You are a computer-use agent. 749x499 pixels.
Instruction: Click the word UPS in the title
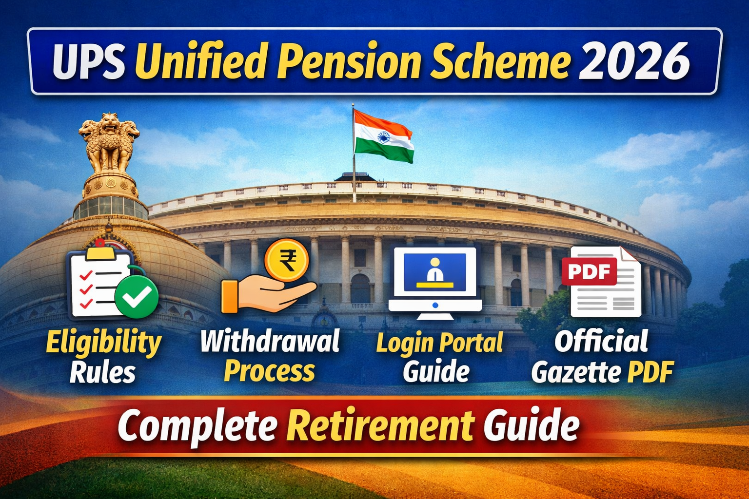point(89,62)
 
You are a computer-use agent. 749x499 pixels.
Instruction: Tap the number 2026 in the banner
point(634,62)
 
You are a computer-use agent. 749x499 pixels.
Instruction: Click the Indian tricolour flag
point(383,136)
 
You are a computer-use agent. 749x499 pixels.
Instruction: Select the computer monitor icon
point(435,282)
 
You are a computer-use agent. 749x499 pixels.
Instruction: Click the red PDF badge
point(589,271)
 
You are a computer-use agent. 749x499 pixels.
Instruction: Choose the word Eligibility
point(103,343)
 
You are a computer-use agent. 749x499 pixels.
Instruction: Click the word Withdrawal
point(270,341)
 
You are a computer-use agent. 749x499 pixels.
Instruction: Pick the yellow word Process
point(270,371)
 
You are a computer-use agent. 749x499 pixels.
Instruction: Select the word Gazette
point(576,373)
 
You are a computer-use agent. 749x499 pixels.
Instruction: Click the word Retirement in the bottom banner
point(380,425)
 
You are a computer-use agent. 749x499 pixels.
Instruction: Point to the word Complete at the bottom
point(197,425)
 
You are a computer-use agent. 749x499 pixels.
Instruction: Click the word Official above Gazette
point(601,341)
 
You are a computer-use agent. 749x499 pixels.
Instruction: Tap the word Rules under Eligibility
point(102,373)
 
